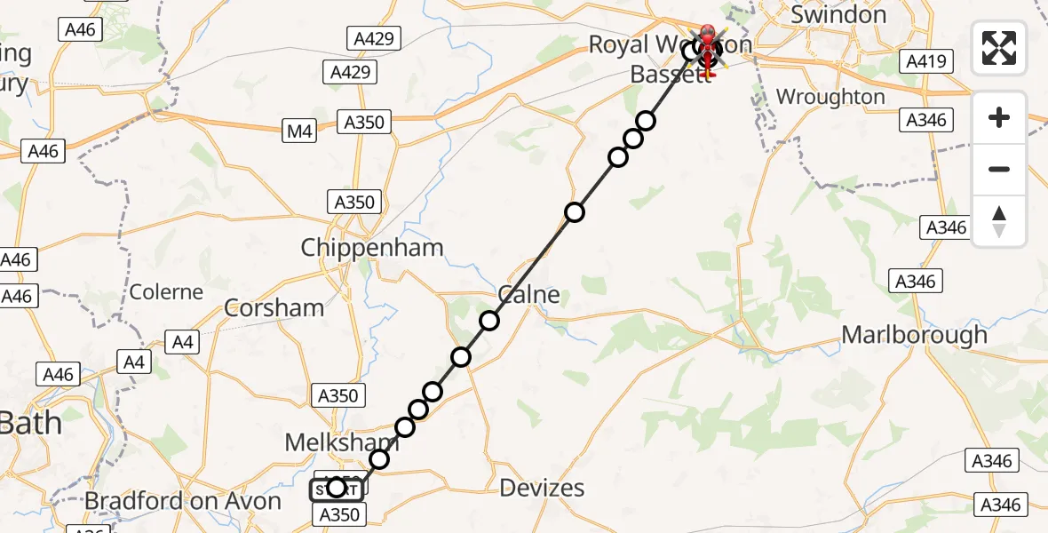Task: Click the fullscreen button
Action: coord(999,48)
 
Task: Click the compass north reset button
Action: coord(999,221)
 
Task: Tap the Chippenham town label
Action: coord(371,248)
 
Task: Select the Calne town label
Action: coord(529,294)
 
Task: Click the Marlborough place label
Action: coord(914,335)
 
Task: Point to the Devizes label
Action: coord(542,487)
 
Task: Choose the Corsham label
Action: coord(274,307)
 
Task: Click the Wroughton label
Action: coord(830,97)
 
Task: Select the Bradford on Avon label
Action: coord(182,501)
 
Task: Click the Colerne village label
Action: coord(166,291)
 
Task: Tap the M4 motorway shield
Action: coord(300,132)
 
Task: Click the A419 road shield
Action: coord(926,61)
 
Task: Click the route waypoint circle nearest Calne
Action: coord(489,321)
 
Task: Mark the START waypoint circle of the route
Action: coord(337,487)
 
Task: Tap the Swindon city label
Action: coord(838,15)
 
